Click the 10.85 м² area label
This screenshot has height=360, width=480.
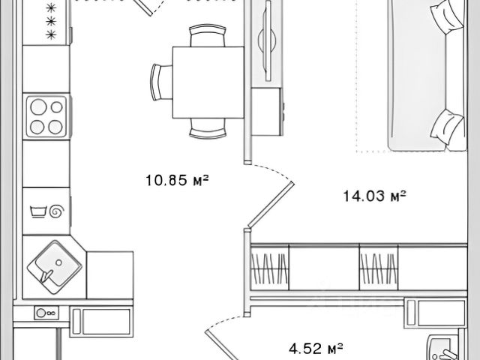coord(177,180)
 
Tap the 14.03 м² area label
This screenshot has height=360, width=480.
coord(374,196)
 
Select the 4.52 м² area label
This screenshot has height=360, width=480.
coord(316,348)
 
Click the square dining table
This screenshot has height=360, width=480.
coord(208,82)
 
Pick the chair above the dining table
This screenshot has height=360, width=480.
coord(208,35)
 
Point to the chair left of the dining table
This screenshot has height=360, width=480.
coord(161,82)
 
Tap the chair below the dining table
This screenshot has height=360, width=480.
coord(208,128)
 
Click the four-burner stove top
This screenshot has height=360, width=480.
coord(46,117)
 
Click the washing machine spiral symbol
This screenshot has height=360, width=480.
coord(57,211)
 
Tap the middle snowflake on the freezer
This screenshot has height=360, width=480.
coord(51,21)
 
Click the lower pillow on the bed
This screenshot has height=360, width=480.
coord(447,126)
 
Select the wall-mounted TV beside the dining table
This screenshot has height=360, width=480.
coord(268,40)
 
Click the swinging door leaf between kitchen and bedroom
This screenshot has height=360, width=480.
coord(271,205)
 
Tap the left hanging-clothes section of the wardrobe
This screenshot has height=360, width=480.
coord(270,268)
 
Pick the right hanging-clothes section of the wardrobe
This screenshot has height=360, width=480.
coord(379,268)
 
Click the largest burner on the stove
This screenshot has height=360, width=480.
coord(39,106)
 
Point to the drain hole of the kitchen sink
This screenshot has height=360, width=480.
coord(58,262)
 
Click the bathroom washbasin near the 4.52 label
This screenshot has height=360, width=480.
coord(444,348)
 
